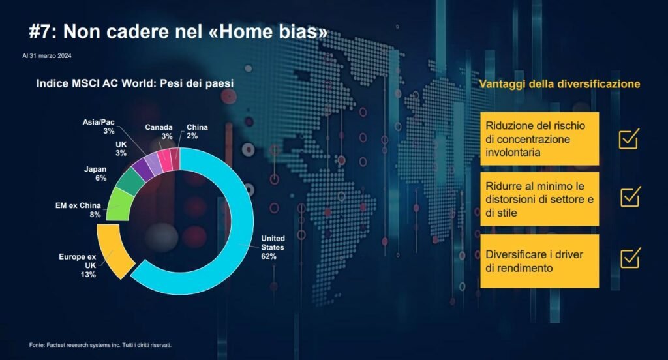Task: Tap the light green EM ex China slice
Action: click(x=118, y=205)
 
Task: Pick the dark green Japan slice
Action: click(x=131, y=181)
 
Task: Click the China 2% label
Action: click(x=197, y=131)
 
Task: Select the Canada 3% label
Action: click(x=159, y=132)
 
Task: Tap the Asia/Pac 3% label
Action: click(x=99, y=127)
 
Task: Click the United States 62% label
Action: click(x=273, y=247)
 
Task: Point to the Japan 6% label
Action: click(x=95, y=173)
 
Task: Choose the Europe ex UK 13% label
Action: click(x=78, y=265)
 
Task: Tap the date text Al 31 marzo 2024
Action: click(x=47, y=56)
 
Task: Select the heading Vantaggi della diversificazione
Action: click(x=559, y=84)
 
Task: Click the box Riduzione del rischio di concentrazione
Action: click(x=539, y=139)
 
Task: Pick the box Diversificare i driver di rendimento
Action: click(x=539, y=261)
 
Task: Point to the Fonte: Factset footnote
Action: click(x=100, y=345)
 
